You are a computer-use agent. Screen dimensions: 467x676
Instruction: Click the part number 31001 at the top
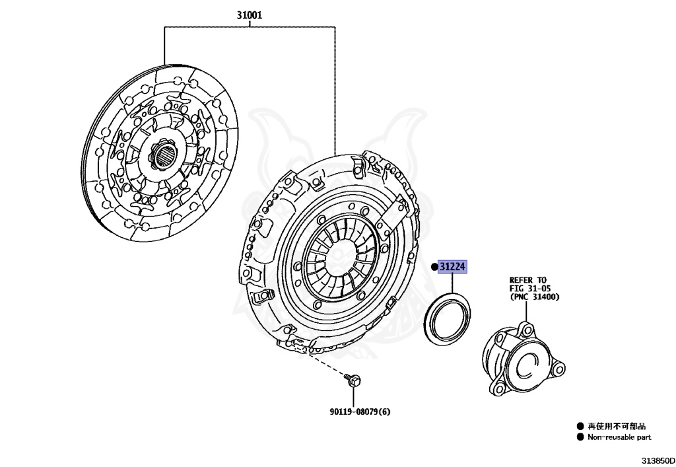(x=250, y=15)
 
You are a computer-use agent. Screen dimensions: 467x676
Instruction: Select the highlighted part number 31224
(x=454, y=267)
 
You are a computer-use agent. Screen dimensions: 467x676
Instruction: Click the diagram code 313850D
(x=656, y=459)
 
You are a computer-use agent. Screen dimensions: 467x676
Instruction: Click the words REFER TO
(x=528, y=280)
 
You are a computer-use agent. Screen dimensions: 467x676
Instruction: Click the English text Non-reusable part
(x=619, y=437)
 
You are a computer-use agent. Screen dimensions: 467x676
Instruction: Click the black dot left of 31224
(x=434, y=267)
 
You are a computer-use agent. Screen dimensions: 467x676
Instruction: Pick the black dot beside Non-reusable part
(x=580, y=437)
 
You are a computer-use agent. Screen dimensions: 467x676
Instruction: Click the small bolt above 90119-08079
(x=352, y=380)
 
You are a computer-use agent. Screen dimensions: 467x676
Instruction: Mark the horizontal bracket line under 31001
(x=250, y=28)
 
